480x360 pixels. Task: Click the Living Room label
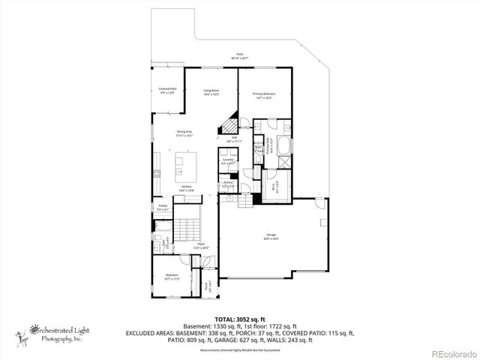point(211,92)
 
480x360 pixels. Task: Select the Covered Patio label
point(167,90)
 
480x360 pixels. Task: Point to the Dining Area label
point(184,134)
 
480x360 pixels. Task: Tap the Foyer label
point(201,245)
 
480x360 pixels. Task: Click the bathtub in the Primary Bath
point(285,144)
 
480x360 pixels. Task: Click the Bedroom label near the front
point(172,277)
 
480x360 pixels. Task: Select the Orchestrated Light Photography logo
point(52,333)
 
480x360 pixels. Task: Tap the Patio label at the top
point(240,55)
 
